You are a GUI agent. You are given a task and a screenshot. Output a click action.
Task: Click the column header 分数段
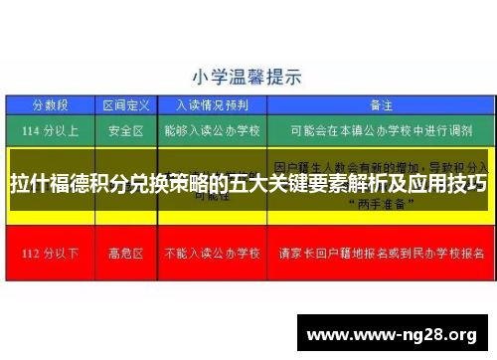(51, 104)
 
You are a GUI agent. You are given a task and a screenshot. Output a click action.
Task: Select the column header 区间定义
(126, 104)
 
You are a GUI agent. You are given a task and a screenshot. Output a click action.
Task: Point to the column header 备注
(380, 104)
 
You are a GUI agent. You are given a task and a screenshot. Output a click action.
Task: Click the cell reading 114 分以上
(51, 129)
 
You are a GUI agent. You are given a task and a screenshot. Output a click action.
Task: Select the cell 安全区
(126, 129)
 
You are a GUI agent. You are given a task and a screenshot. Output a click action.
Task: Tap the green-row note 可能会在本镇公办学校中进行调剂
(380, 129)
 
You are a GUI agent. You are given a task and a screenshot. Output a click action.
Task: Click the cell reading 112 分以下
(51, 253)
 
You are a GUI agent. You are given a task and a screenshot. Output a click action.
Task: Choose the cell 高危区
(126, 253)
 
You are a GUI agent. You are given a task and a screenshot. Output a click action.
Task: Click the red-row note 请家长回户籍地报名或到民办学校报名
(380, 253)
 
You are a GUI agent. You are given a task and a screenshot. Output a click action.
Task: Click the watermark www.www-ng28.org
(393, 332)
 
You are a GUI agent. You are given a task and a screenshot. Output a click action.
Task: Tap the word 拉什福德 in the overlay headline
(45, 184)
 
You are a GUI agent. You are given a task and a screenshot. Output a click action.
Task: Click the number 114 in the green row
(36, 129)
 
